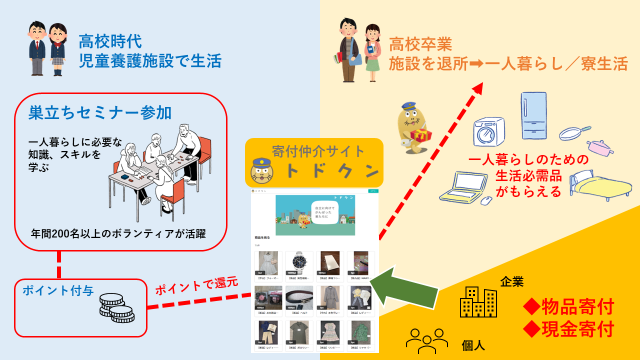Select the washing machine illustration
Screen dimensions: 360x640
(x=489, y=131)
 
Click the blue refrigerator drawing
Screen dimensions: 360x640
(x=534, y=115)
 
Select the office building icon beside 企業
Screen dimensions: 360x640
(x=478, y=302)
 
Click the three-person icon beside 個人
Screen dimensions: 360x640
(x=426, y=338)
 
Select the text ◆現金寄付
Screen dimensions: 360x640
(x=568, y=329)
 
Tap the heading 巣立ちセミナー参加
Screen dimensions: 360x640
(x=100, y=112)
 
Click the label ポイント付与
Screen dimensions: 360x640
(x=58, y=290)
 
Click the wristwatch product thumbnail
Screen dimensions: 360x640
(x=299, y=263)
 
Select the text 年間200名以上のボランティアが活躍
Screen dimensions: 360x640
(x=118, y=233)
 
